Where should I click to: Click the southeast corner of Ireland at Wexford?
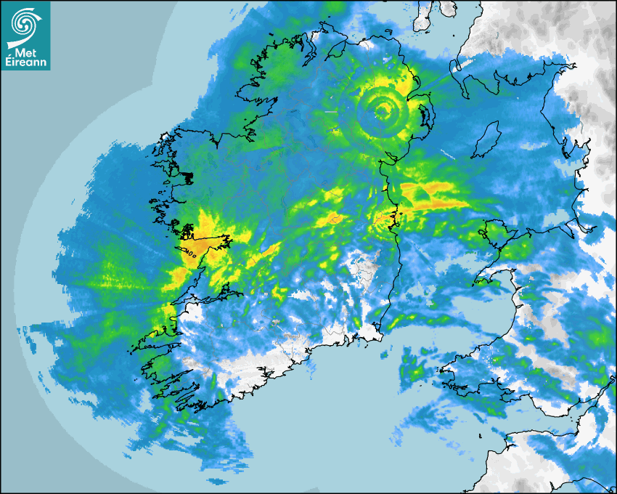coord(379,333)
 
